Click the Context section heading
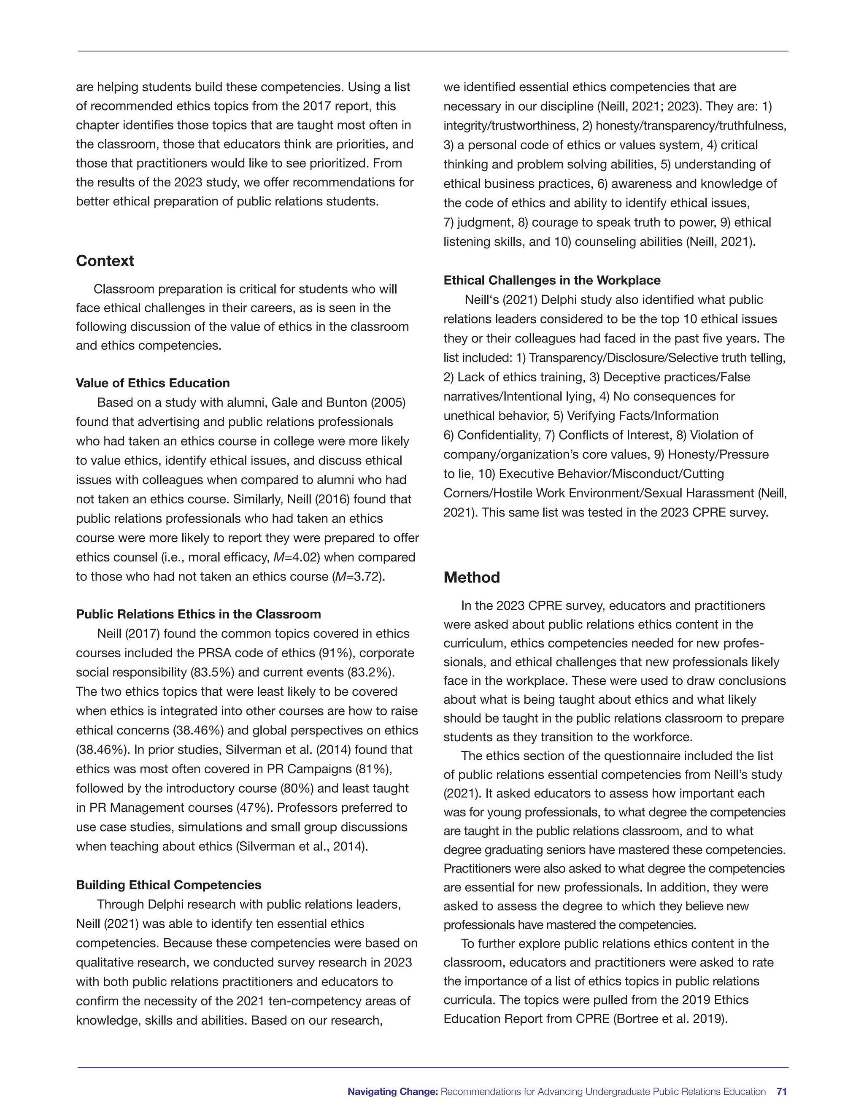point(105,261)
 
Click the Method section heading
point(471,578)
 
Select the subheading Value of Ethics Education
point(153,383)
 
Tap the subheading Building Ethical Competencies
point(168,885)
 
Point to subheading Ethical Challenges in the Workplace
point(552,280)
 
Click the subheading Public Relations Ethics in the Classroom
point(198,614)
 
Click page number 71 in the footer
point(781,1091)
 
